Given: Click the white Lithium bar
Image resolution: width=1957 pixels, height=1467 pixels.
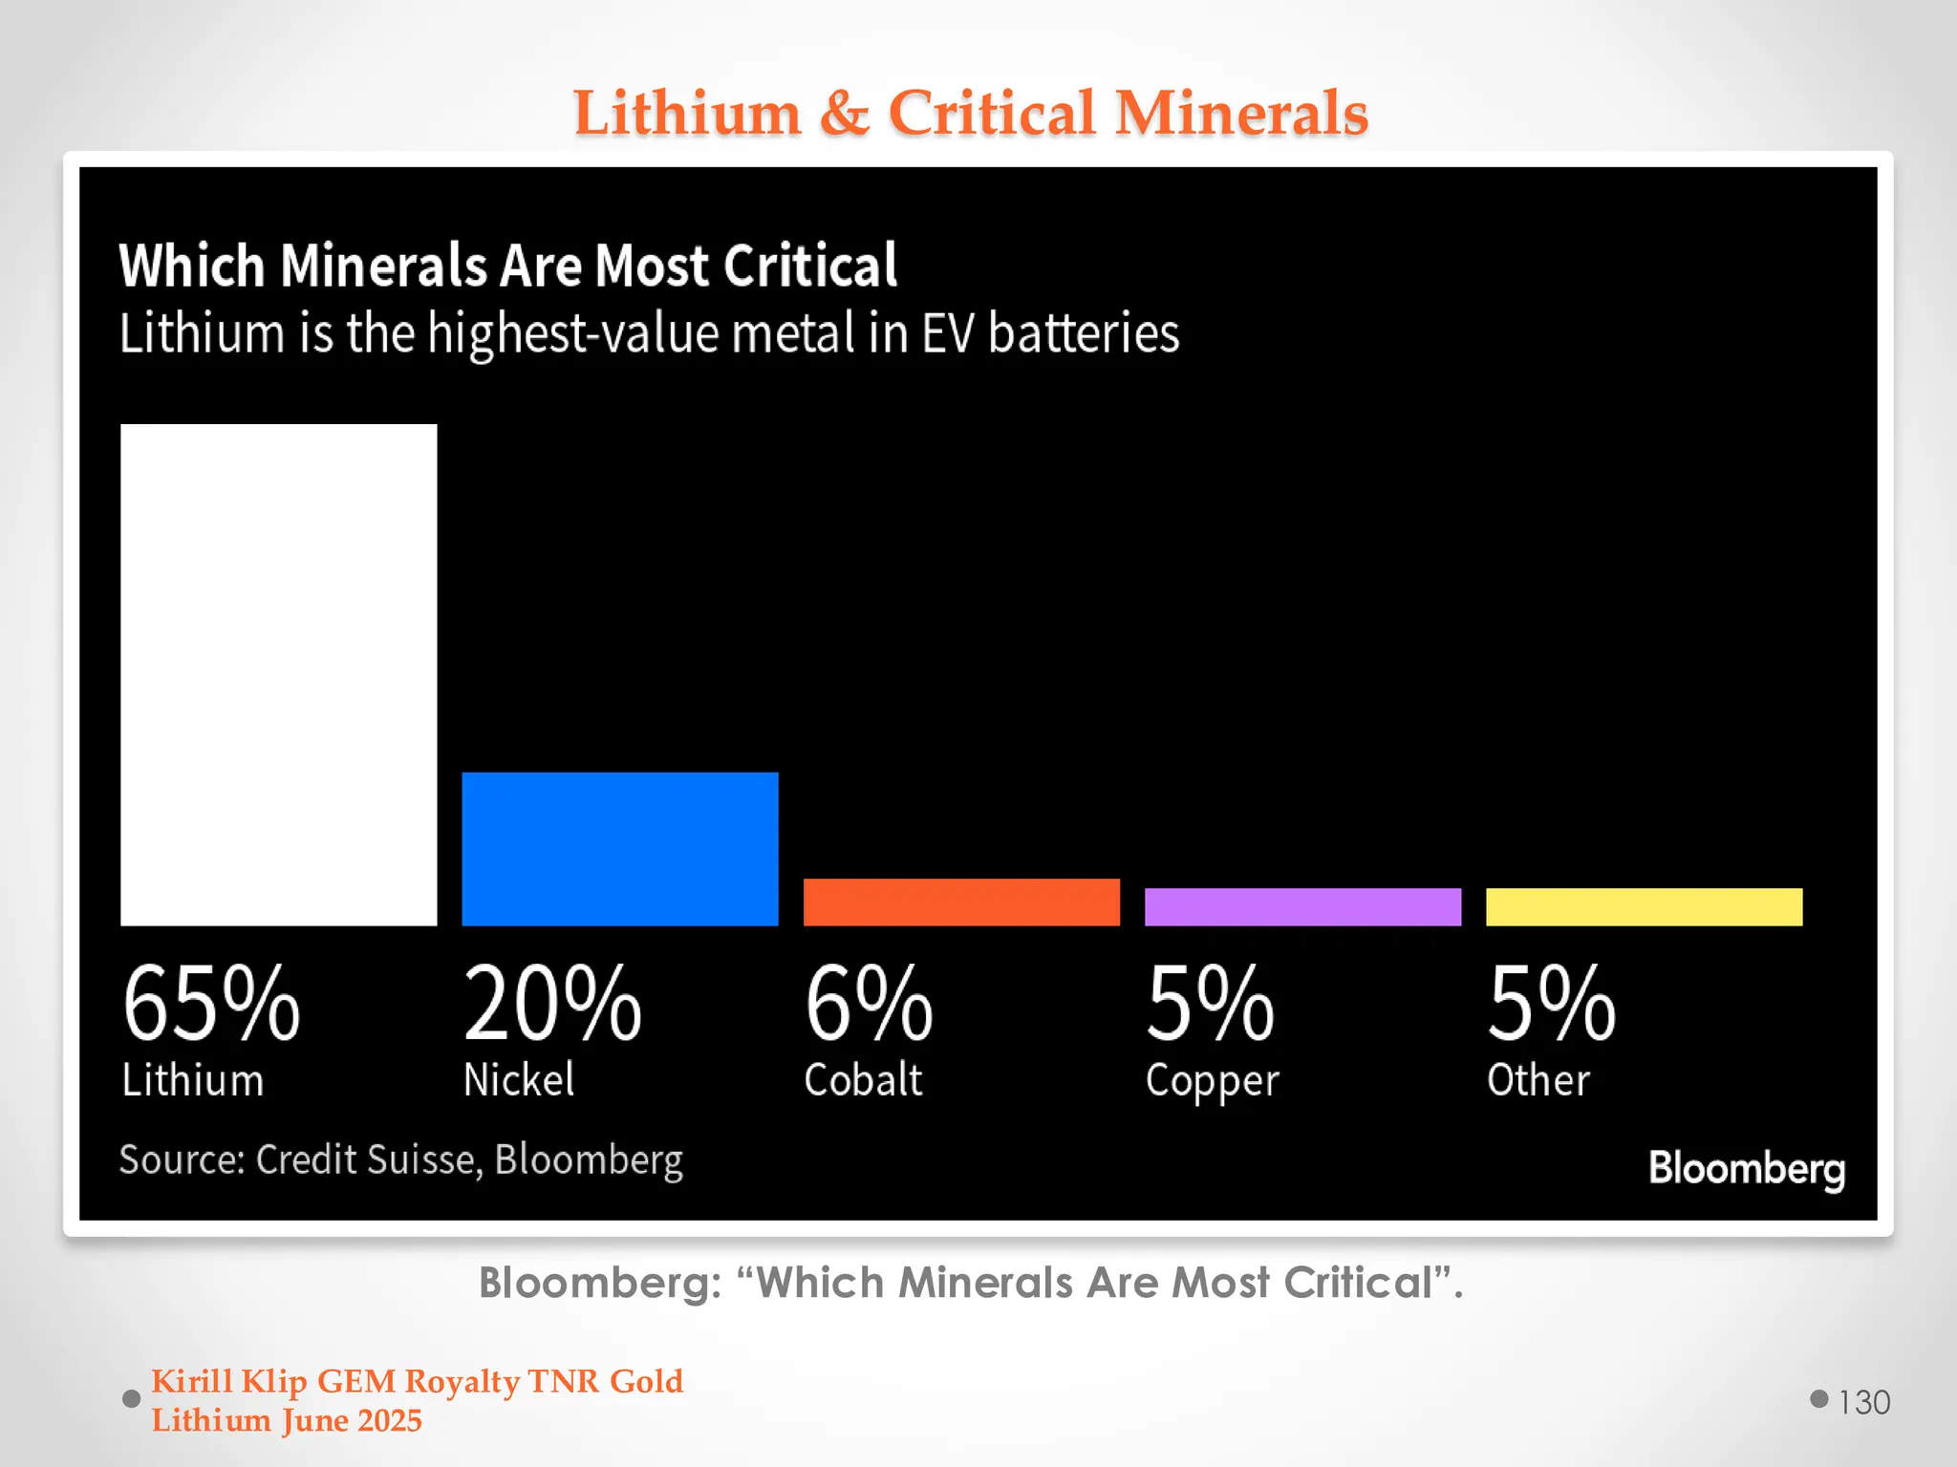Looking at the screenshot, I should pyautogui.click(x=278, y=674).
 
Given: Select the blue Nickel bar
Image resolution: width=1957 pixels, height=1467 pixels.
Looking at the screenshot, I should pyautogui.click(x=619, y=848).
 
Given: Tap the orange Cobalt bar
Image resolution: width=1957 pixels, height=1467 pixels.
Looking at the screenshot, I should pyautogui.click(x=961, y=902).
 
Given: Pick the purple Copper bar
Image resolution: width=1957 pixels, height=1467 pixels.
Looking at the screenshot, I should pyautogui.click(x=1302, y=906).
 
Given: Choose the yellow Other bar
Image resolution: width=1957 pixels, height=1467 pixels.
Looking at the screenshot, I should pyautogui.click(x=1644, y=906).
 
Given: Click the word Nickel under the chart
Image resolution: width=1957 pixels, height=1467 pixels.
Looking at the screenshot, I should pyautogui.click(x=519, y=1080).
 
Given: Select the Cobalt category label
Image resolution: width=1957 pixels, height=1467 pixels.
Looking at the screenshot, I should pyautogui.click(x=863, y=1080).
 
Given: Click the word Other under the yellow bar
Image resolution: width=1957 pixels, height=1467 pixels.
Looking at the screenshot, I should pyautogui.click(x=1538, y=1080).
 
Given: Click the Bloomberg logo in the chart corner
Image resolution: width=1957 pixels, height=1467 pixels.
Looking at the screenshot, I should pyautogui.click(x=1747, y=1168).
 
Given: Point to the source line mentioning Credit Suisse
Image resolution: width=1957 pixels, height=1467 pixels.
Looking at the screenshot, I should pyautogui.click(x=401, y=1159).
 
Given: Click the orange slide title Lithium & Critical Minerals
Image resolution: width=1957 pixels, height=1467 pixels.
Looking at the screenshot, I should pyautogui.click(x=970, y=113).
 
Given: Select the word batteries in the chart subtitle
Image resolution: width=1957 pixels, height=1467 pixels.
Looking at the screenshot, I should pyautogui.click(x=1083, y=333).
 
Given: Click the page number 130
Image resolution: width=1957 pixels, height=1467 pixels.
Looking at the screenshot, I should pyautogui.click(x=1863, y=1402).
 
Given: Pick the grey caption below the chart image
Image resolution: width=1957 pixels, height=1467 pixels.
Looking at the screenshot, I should pyautogui.click(x=970, y=1283).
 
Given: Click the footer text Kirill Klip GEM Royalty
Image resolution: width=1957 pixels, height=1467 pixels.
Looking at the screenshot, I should pyautogui.click(x=417, y=1381).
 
